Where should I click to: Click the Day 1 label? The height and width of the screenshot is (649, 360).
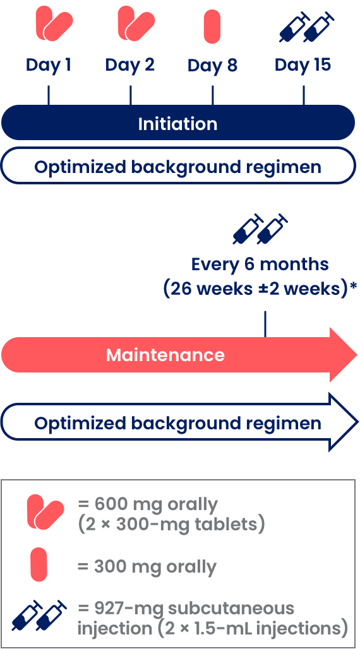[49, 66]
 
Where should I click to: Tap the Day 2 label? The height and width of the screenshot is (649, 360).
[129, 66]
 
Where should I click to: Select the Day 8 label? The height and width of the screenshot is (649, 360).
[212, 66]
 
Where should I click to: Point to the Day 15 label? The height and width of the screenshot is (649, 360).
[303, 66]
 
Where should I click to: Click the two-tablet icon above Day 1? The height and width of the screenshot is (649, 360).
[54, 24]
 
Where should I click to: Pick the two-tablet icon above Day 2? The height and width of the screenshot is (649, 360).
[136, 24]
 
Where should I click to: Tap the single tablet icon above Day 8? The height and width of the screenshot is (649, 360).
[212, 27]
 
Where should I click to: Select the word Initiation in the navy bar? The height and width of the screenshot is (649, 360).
[177, 124]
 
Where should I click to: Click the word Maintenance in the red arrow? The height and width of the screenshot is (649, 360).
[165, 355]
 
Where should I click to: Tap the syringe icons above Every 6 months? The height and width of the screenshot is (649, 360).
[261, 229]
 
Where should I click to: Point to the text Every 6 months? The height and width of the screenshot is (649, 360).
[260, 264]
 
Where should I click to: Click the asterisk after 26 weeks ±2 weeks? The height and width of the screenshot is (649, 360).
[354, 285]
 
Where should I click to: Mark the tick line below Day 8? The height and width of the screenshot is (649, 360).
[212, 95]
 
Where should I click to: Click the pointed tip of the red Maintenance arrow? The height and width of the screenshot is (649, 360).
[357, 355]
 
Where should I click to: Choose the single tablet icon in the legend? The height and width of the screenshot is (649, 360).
[39, 564]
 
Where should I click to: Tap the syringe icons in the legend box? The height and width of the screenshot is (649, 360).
[39, 615]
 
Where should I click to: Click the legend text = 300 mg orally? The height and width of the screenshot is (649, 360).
[147, 567]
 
